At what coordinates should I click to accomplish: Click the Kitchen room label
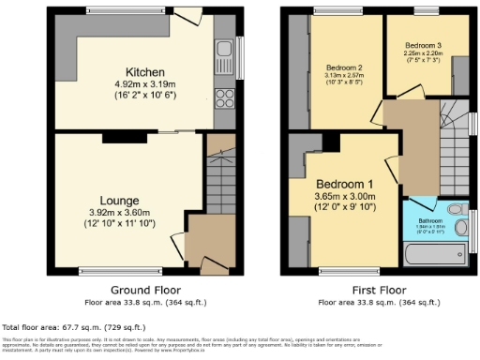click(x=145, y=71)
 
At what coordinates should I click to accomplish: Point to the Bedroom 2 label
click(x=344, y=67)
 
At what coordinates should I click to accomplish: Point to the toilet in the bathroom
click(x=457, y=209)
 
